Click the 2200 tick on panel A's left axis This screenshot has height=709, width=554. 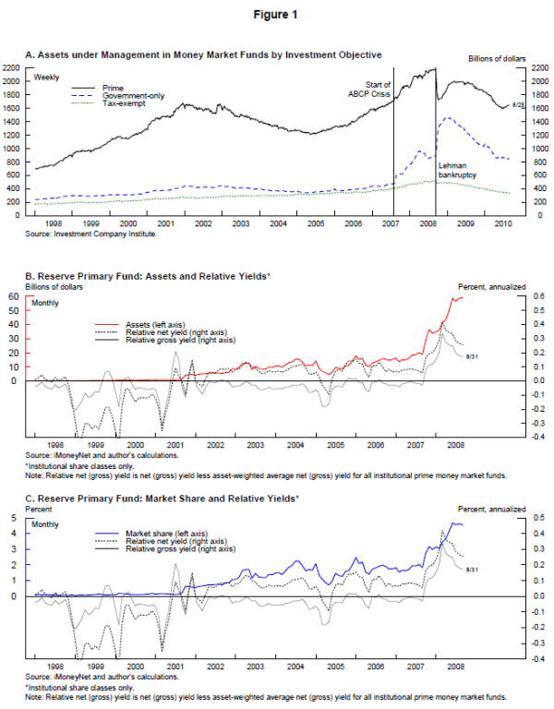[11, 68]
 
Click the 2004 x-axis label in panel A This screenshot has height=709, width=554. [278, 224]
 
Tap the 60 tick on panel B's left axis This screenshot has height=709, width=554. [15, 296]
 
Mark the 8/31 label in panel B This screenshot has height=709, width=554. [471, 354]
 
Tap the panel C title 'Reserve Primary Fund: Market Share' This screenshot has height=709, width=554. [157, 499]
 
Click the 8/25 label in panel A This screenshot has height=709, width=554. [518, 107]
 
